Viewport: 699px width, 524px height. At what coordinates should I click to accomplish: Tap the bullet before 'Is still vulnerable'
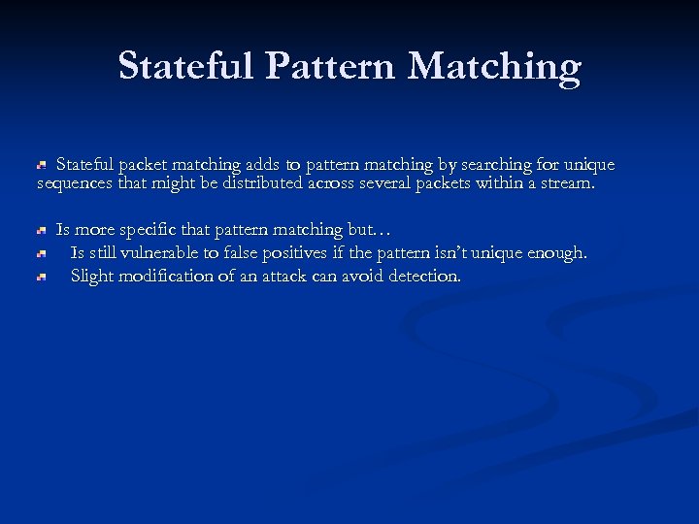pyautogui.click(x=42, y=254)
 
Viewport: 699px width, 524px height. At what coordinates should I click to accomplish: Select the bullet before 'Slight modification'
pyautogui.click(x=42, y=278)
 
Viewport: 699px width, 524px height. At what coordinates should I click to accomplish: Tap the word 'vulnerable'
pyautogui.click(x=168, y=253)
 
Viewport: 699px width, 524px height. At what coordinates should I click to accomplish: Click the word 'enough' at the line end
pyautogui.click(x=558, y=254)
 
